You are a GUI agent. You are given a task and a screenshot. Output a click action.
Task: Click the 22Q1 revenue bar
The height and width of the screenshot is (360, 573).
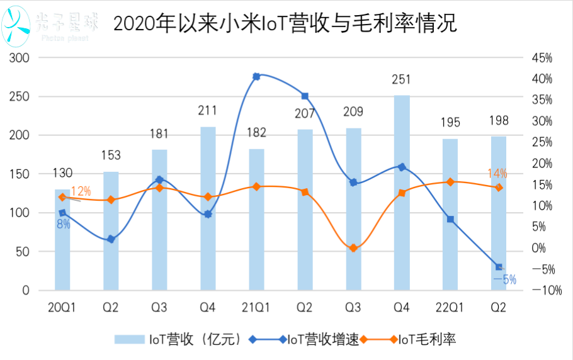tap(450, 215)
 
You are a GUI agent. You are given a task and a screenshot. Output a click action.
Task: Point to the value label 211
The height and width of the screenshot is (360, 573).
tap(207, 111)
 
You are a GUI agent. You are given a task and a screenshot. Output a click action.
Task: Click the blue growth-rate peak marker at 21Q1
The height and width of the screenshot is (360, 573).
tap(256, 76)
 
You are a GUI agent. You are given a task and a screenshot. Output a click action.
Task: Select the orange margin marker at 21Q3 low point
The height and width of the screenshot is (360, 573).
tap(353, 248)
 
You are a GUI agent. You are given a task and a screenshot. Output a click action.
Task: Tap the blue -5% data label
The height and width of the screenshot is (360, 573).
tap(504, 279)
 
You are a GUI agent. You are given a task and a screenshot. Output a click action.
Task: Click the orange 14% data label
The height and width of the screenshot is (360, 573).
tap(497, 173)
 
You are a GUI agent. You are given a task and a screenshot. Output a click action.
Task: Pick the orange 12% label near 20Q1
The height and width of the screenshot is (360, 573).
tap(81, 191)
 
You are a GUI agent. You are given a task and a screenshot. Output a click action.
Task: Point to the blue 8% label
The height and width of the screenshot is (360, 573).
tap(63, 223)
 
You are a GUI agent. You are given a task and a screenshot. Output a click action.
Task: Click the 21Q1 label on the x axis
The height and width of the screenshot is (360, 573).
tap(256, 307)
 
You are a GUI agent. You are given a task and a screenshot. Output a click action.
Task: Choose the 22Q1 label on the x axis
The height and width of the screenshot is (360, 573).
tap(450, 307)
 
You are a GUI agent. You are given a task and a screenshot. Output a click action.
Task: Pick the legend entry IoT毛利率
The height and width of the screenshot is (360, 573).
tap(423, 339)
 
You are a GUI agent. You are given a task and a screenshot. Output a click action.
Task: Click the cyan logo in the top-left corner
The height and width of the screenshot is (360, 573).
tap(16, 25)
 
